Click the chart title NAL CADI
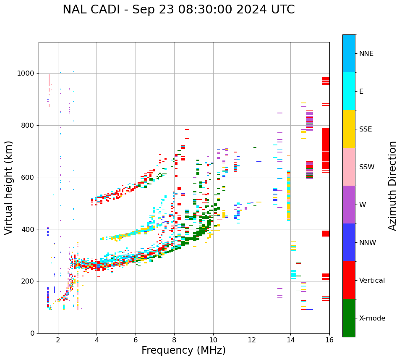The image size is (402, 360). pos(178,10)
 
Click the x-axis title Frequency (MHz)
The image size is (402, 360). pos(183,350)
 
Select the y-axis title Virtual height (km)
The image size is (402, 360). pos(9,188)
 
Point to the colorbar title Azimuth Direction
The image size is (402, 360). pos(392,186)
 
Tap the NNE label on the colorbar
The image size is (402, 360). pos(366,54)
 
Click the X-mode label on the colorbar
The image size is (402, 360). pos(372,318)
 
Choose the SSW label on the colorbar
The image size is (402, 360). pos(367,167)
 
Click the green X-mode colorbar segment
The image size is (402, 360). pos(349,318)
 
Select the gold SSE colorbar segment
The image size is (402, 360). pos(349,129)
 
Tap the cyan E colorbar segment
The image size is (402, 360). pos(349,91)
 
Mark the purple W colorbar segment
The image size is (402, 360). pos(349,205)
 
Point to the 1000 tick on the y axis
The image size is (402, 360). pos(27,74)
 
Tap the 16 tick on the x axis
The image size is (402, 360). pos(329,340)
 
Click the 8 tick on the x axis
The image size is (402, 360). pos(174,340)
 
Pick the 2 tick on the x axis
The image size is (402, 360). pos(58,340)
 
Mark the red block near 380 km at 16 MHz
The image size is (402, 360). pos(326,234)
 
